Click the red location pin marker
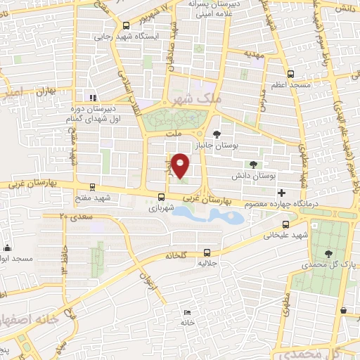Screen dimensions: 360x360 (181, 165)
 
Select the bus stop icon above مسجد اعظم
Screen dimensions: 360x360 (290, 73)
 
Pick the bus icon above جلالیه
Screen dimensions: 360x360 (206, 252)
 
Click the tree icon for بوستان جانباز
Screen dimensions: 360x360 (217, 134)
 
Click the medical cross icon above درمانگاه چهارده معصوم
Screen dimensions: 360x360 (281, 193)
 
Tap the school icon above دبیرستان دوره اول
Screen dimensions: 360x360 (91, 98)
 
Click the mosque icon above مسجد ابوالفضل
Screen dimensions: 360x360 (8, 247)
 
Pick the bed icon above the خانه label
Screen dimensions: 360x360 (186, 312)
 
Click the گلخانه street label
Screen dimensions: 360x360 (178, 256)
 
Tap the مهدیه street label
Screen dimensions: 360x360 (253, 53)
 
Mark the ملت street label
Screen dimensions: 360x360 (172, 132)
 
